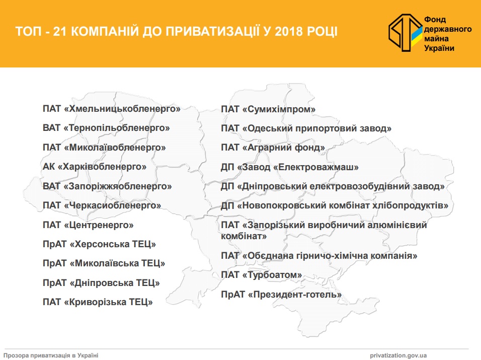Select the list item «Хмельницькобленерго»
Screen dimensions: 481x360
pos(112,109)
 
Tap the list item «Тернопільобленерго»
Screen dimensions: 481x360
pos(106,128)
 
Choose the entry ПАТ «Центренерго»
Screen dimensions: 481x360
pos(88,225)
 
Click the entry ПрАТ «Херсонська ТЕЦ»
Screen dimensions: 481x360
pos(99,244)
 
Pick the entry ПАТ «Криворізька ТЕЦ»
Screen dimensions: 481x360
pos(98,302)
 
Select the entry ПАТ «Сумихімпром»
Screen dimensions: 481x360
pos(268,109)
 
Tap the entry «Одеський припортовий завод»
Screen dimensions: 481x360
pos(317,128)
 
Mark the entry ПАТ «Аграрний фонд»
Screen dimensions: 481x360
pos(273,148)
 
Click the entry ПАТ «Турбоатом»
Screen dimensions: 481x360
pos(261,275)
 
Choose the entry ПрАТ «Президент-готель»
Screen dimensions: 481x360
pos(281,295)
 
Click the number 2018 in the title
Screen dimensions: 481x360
pos(289,32)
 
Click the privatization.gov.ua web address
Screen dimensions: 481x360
pos(398,355)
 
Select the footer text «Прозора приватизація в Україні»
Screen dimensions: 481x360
pos(51,355)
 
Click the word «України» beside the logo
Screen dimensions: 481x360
pos(439,48)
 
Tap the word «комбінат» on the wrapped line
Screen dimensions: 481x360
pos(244,236)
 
